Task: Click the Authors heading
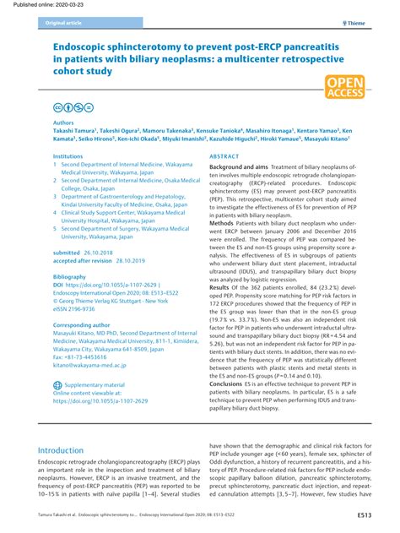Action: [x=64, y=122]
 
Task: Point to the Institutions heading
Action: [x=68, y=157]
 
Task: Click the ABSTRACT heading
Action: [x=224, y=157]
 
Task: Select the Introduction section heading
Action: [x=73, y=451]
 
